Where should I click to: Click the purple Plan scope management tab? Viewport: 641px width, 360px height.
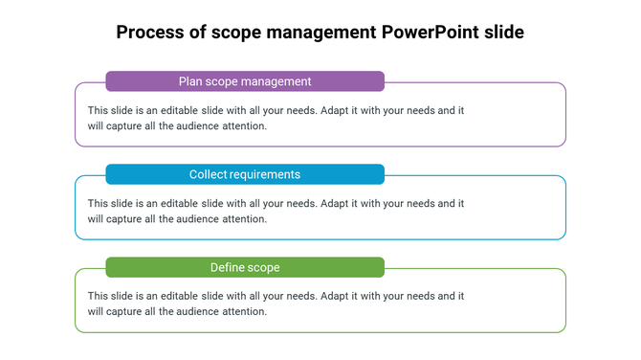[x=245, y=81]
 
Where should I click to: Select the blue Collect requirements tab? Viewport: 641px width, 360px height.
[x=245, y=174]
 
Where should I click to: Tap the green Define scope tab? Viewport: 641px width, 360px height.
[x=245, y=267]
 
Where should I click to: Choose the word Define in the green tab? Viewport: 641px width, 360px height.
[x=227, y=267]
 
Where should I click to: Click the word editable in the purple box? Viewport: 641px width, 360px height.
[x=176, y=110]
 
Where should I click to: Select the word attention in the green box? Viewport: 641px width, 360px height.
[x=244, y=311]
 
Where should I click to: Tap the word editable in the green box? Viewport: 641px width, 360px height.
[x=176, y=296]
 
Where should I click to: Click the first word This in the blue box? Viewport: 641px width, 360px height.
[x=99, y=203]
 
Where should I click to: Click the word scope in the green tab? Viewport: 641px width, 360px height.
[x=263, y=267]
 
